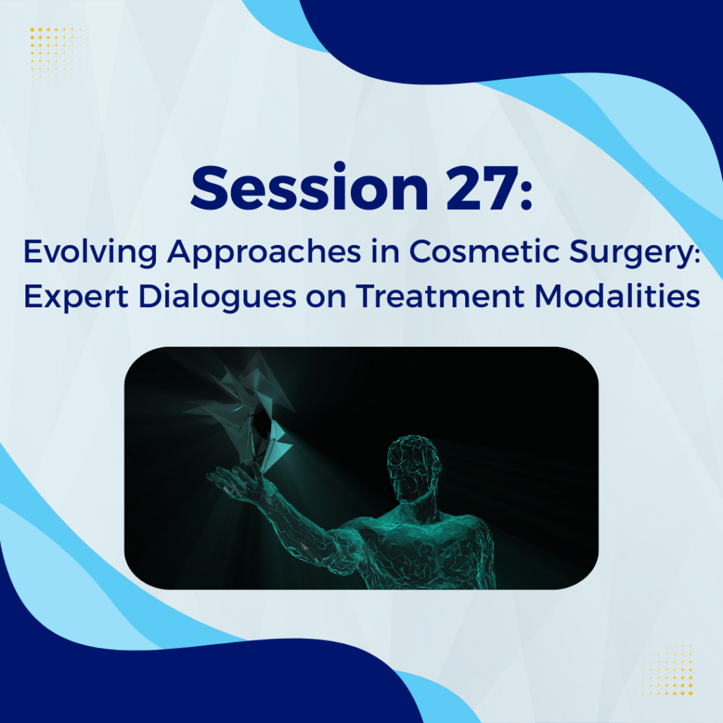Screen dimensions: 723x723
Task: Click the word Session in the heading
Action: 310,187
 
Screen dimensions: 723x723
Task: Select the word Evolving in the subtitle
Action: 90,253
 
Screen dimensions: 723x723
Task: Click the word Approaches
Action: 264,253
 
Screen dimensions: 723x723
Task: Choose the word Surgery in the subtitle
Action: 631,253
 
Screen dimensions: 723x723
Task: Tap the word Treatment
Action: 440,296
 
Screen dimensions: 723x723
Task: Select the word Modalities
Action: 617,295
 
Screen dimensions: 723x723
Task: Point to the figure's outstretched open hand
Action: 235,482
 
